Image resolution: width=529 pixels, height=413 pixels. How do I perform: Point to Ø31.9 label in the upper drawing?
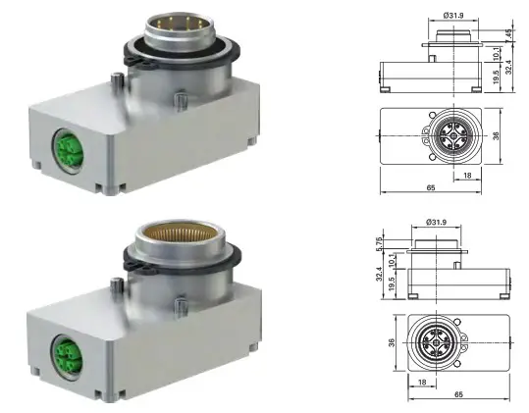[452, 17]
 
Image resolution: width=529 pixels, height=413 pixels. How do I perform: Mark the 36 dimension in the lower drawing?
[390, 343]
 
